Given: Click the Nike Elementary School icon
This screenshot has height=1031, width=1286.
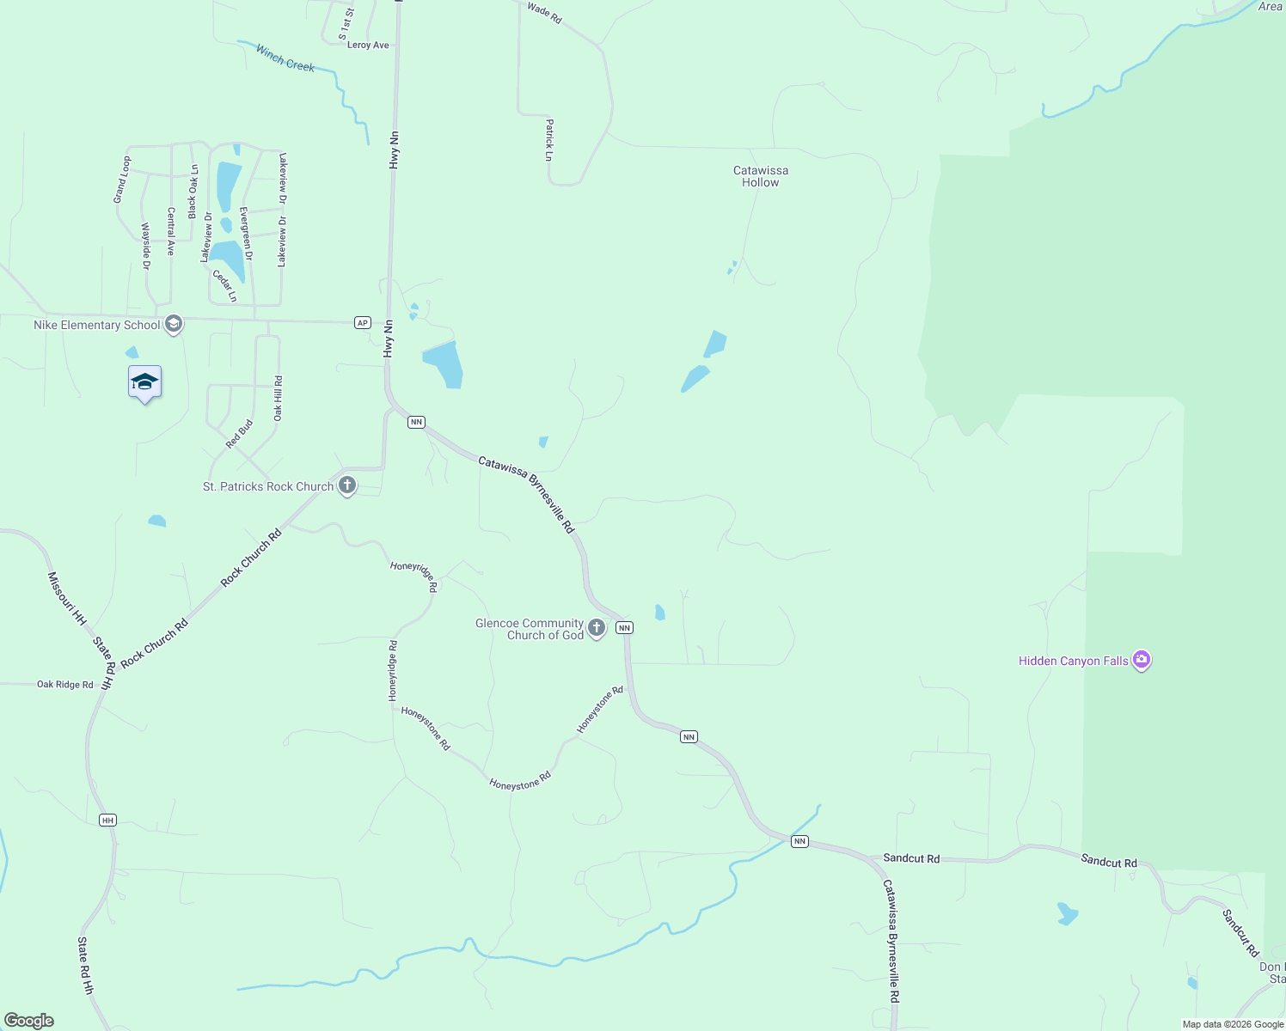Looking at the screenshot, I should [174, 324].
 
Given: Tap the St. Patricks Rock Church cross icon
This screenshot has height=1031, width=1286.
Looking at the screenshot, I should [347, 486].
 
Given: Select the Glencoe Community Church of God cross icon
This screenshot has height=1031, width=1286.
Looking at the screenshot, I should [597, 628].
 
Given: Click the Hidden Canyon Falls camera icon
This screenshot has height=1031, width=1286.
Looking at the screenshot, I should [1142, 661].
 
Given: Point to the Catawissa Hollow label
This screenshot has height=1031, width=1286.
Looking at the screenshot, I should [761, 176].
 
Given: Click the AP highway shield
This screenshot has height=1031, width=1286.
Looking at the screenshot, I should [363, 323].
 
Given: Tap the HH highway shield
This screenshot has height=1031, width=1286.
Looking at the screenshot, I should [107, 821].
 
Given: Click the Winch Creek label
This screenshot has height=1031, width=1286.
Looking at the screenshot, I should [285, 58].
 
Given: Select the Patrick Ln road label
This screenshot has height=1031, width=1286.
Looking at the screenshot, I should [548, 140].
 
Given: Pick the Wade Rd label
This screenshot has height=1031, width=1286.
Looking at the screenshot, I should [544, 13].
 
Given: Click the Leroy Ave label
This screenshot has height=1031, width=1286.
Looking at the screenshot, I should [368, 46].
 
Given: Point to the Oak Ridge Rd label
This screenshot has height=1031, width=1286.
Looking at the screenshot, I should [64, 685].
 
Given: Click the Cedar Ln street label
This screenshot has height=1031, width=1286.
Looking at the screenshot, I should [225, 286].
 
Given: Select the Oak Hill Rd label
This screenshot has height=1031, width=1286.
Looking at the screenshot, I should [278, 399].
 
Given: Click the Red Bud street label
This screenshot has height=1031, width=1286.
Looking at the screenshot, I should [240, 434].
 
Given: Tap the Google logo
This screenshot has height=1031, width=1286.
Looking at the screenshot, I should [28, 1020].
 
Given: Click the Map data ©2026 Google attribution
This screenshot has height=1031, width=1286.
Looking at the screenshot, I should [1233, 1024].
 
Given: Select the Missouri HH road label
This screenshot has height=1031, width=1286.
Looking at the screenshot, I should [67, 598].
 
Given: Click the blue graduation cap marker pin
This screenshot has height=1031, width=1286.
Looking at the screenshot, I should [144, 383].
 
